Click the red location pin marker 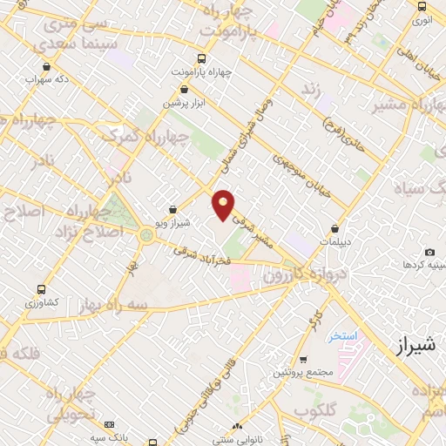click(224, 204)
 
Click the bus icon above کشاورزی click(40, 289)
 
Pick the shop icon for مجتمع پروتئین click(302, 360)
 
